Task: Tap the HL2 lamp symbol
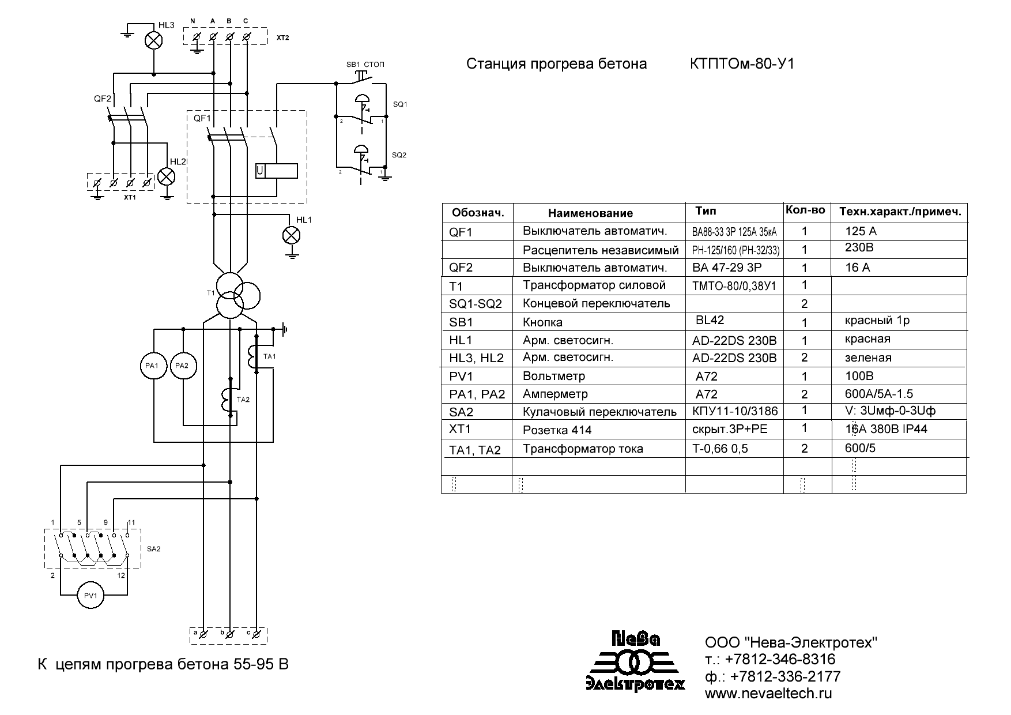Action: click(x=167, y=176)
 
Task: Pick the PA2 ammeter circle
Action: click(x=183, y=366)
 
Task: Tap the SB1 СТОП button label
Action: click(x=365, y=65)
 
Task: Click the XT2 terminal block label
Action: click(x=282, y=38)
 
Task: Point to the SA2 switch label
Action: click(x=153, y=548)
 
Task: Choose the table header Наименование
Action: click(x=590, y=213)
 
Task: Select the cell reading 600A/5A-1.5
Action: click(x=878, y=394)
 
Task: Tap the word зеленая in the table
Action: click(x=868, y=358)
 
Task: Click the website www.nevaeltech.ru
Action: click(x=768, y=694)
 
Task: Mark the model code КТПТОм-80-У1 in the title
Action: click(x=742, y=64)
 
